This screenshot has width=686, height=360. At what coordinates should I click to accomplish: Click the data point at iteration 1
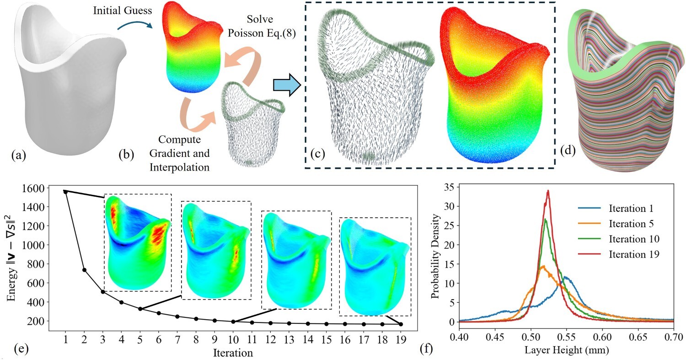(66, 192)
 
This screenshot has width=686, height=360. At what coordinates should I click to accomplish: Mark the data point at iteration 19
(401, 324)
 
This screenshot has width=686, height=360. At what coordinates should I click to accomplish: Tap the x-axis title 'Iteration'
(233, 353)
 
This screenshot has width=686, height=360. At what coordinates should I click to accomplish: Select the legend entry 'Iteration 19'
(617, 254)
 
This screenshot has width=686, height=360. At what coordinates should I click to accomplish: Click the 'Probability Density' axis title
(435, 254)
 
